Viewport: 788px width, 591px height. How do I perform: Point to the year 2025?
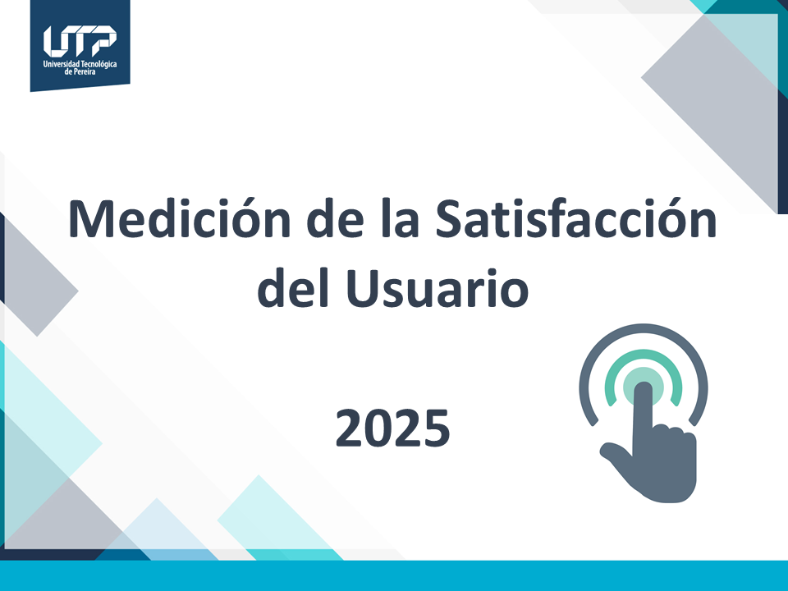[x=392, y=428]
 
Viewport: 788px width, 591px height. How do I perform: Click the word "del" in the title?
[x=292, y=289]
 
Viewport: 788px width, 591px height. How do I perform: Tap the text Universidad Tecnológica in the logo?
[x=80, y=63]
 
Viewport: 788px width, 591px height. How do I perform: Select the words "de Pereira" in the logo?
[x=80, y=72]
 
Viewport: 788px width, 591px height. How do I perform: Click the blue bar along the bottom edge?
[x=394, y=576]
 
